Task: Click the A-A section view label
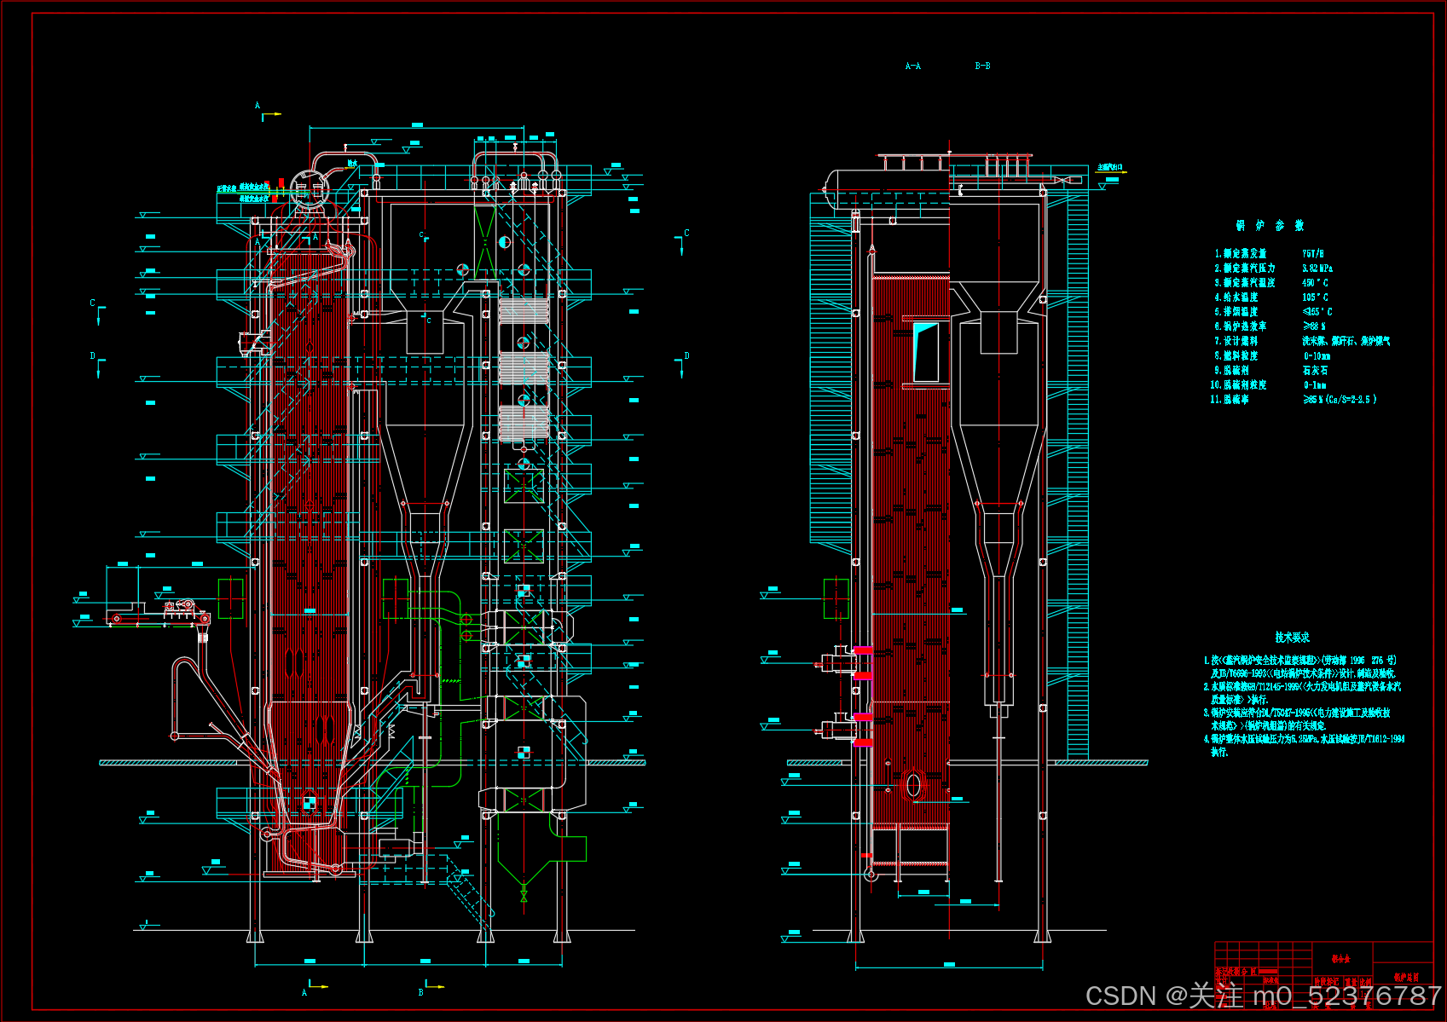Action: coord(912,66)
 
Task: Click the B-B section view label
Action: coord(982,66)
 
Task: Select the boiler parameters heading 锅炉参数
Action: coord(1270,226)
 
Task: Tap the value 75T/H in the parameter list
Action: coord(1312,254)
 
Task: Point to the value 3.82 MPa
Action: coord(1317,268)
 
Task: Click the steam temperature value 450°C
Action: coord(1315,283)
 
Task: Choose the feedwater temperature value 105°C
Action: coord(1315,297)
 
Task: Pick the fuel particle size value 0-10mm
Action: coord(1317,356)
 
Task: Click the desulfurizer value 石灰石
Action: coord(1315,371)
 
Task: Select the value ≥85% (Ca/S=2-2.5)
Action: coord(1339,400)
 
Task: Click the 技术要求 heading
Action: coord(1292,638)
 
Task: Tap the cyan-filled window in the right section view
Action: coord(925,351)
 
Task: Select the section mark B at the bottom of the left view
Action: coord(421,992)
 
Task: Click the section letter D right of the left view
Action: coord(686,356)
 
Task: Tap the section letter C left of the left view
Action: coord(93,303)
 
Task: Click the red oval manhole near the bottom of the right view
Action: coord(913,785)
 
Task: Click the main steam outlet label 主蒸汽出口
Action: coord(1109,168)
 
